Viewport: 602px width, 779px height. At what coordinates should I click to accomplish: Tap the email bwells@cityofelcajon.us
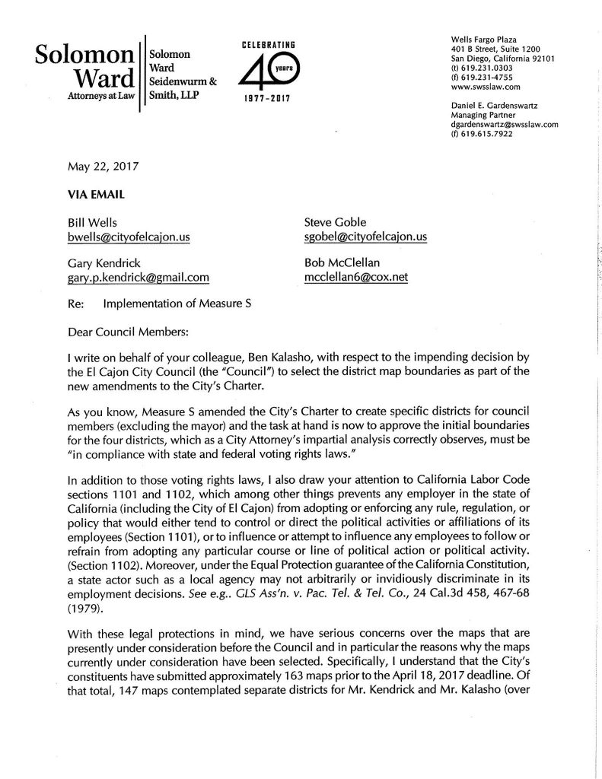pos(129,237)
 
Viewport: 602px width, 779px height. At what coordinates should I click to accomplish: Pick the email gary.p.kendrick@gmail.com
pos(138,278)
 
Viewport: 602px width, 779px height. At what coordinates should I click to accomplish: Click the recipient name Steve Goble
pos(335,222)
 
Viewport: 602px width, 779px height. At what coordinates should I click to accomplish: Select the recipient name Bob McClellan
pos(342,263)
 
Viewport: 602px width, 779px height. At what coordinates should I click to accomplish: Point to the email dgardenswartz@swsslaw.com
pos(505,124)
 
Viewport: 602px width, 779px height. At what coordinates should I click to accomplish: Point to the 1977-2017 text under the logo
pos(266,98)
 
